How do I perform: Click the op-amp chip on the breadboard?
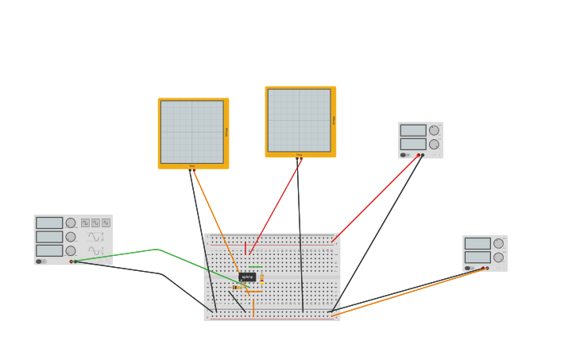coord(247,277)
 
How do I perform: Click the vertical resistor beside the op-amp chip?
coord(261,278)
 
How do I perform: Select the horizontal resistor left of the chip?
coord(238,287)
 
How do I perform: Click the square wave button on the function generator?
coord(85,223)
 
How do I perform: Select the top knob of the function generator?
coord(71,223)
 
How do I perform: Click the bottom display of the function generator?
coord(48,250)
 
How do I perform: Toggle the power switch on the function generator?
coord(39,261)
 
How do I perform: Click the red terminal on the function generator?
coord(71,261)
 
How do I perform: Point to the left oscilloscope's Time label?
coord(192,166)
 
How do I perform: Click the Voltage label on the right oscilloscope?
coord(334,120)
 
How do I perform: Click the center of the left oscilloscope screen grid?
coord(191,132)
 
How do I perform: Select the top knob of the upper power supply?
coord(434,130)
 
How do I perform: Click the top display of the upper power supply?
coord(412,130)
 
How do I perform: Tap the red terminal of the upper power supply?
coord(418,155)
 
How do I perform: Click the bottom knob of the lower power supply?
coord(498,257)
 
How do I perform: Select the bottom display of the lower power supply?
coord(477,257)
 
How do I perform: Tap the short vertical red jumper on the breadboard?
coord(245,247)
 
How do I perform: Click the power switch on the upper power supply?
coord(404,155)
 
